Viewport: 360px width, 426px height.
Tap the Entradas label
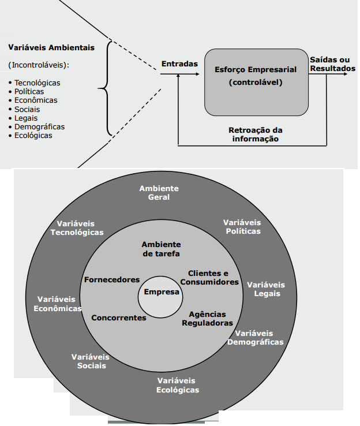pos(179,64)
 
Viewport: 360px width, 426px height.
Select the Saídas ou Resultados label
pos(332,63)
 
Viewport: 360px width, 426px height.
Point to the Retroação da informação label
pos(256,134)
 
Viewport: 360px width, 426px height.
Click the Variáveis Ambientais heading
pos(51,47)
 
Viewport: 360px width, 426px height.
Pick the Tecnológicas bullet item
pos(37,83)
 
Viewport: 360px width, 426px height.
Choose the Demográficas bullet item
pos(39,126)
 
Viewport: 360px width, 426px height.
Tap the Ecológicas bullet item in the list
pos(33,136)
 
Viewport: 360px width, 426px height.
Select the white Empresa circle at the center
pos(162,294)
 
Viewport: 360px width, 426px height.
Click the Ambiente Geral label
pos(159,193)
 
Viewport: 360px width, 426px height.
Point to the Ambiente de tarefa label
pos(161,249)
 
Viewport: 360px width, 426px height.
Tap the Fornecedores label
pos(112,279)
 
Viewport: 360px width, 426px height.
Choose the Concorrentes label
pos(119,317)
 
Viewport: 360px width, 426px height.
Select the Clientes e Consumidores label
pos(209,277)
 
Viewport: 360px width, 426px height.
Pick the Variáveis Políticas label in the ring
pos(242,227)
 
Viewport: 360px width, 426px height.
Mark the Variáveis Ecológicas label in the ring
pos(178,385)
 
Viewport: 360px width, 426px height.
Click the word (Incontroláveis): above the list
pos(39,65)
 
